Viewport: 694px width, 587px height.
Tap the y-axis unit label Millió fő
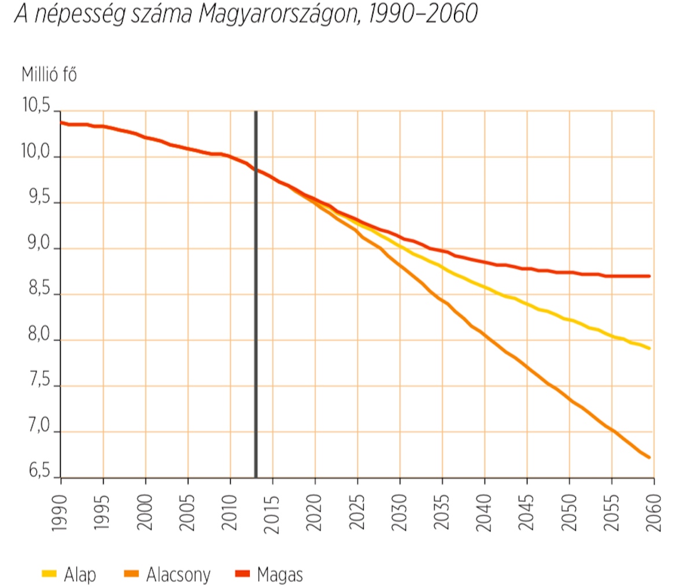tap(49, 75)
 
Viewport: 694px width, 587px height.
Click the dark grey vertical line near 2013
tap(256, 289)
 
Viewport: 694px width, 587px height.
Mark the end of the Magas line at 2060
tap(649, 276)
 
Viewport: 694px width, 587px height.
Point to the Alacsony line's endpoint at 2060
tap(649, 458)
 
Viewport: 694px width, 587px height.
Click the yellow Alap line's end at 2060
tap(649, 348)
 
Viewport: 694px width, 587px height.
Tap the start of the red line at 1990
tap(61, 122)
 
